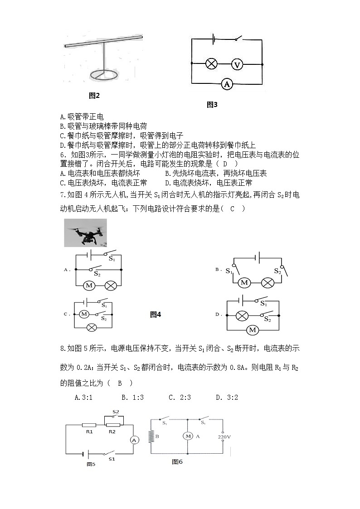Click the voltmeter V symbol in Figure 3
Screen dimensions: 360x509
(237, 64)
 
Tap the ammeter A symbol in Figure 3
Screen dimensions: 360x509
(227, 84)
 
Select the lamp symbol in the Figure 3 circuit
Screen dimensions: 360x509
(211, 64)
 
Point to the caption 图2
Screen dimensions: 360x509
(94, 96)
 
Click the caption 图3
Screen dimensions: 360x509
(212, 105)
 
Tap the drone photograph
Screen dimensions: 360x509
(86, 233)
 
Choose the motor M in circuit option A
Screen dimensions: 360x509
(89, 286)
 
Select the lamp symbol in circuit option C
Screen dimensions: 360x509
(92, 327)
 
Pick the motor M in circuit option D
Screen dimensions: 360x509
(253, 330)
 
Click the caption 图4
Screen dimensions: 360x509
(156, 315)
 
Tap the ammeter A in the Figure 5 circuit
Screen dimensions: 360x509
(134, 440)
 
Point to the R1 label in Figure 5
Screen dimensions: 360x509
(89, 432)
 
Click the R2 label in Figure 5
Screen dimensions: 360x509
(112, 432)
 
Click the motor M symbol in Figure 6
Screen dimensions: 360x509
(187, 436)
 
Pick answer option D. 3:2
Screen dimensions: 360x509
(227, 398)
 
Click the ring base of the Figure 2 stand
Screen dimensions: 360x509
(103, 75)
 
